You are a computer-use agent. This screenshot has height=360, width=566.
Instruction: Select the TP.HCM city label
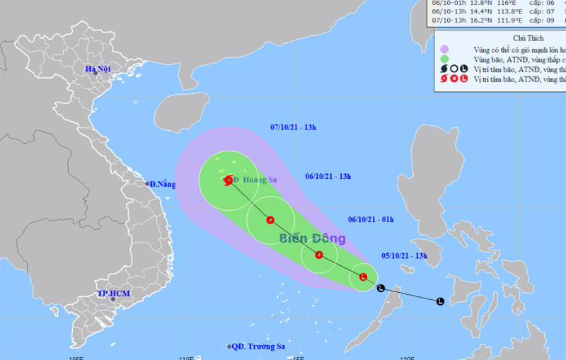pos(112,294)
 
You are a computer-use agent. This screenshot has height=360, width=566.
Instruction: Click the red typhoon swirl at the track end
pos(229,180)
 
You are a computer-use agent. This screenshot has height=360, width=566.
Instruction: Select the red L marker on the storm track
pos(363,277)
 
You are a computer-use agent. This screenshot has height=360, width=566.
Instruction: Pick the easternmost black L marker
pos(440,301)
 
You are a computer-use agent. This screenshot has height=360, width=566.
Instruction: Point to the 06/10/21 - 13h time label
pos(328,176)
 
